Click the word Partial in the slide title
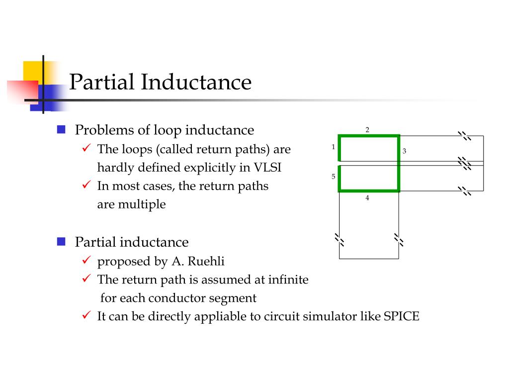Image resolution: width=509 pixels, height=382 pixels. [101, 82]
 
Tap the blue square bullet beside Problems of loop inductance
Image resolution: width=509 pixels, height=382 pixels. [61, 130]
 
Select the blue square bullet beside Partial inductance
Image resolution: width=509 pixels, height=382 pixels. [61, 242]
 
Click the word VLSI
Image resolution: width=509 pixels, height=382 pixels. [267, 168]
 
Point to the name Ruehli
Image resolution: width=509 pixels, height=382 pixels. [213, 261]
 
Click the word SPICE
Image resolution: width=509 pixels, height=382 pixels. [402, 316]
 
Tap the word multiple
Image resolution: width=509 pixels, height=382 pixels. [142, 204]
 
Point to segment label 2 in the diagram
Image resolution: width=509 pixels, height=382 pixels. [367, 130]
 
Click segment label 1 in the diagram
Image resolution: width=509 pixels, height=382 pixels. [333, 147]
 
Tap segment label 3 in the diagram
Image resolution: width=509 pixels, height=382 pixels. [404, 151]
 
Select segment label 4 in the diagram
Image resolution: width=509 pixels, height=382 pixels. [367, 198]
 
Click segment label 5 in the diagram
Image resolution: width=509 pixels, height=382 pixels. [333, 177]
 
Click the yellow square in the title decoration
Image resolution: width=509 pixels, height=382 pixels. [33, 71]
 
